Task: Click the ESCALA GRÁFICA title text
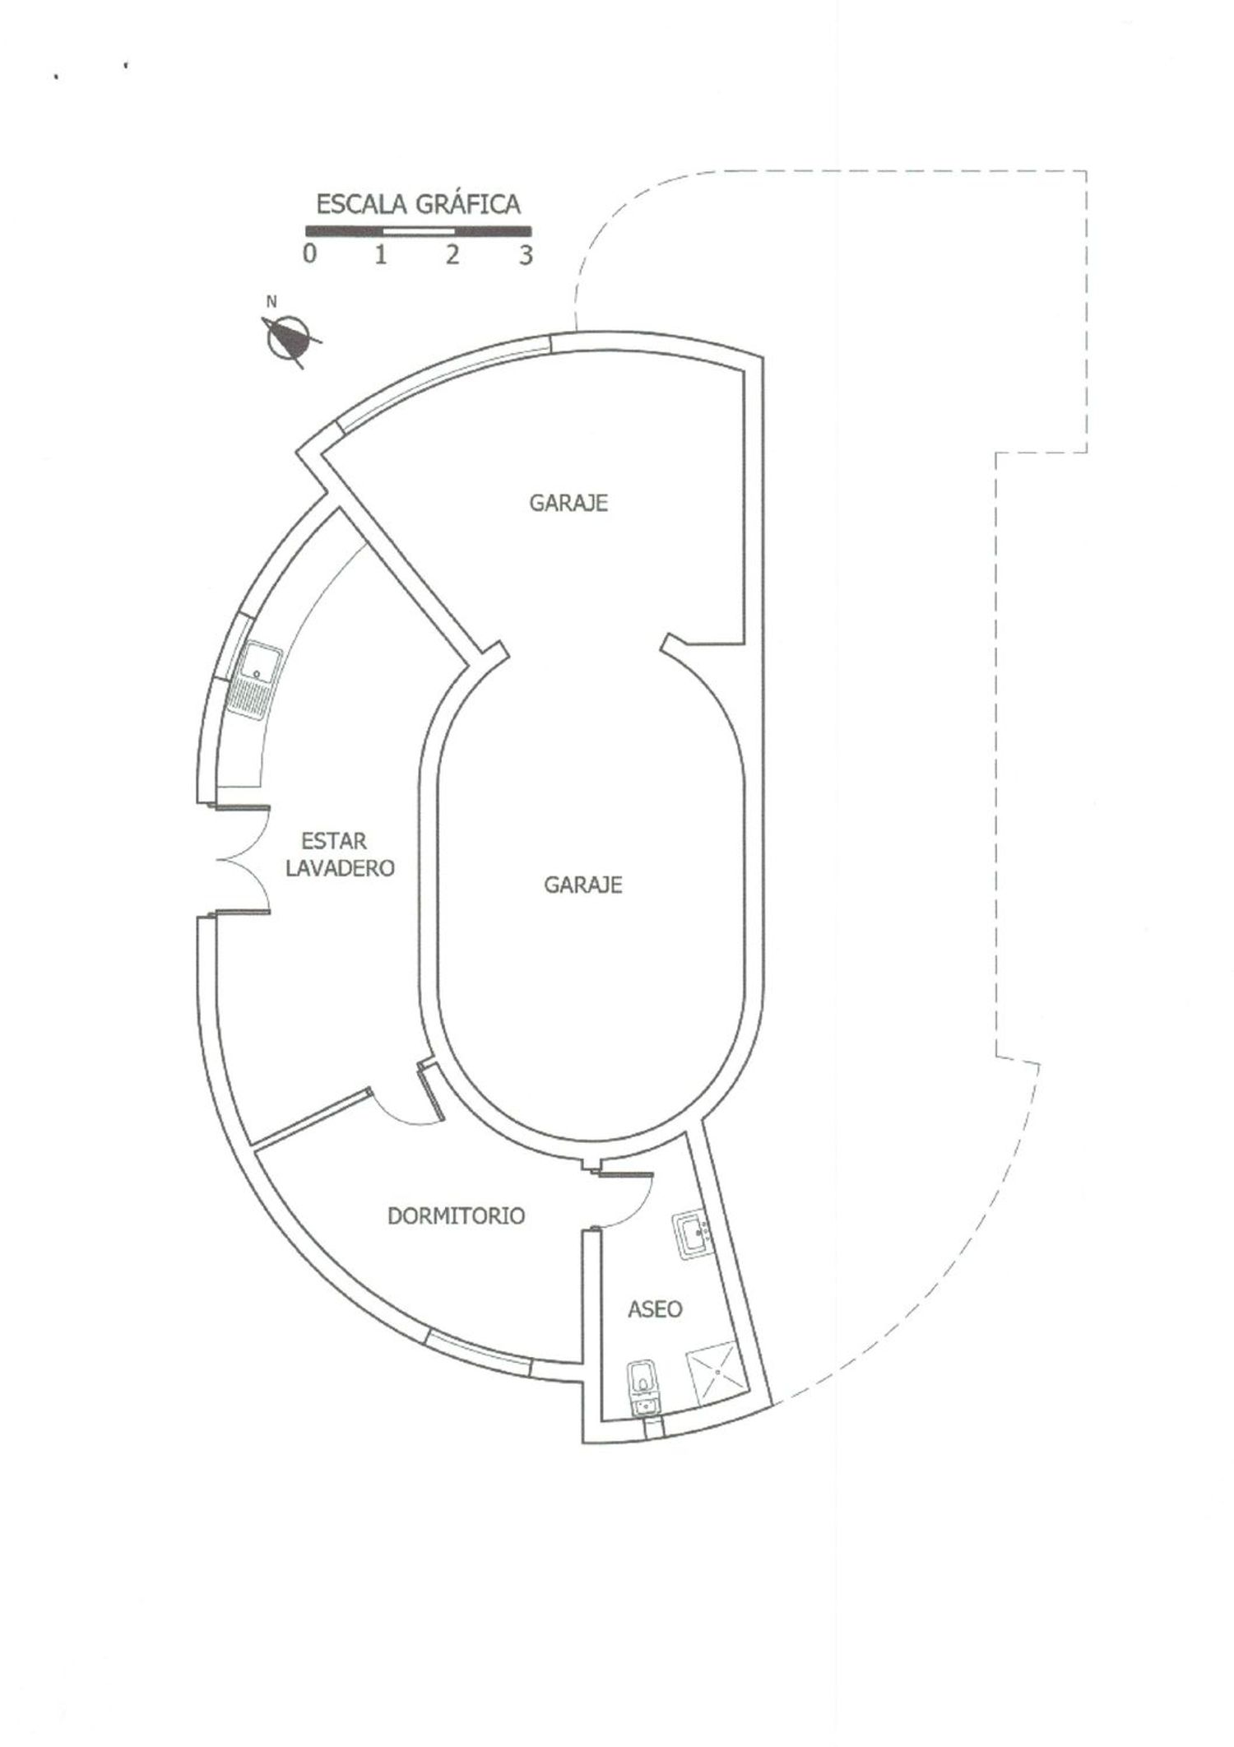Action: coord(418,204)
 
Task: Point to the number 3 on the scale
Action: coord(526,254)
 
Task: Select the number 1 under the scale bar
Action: coord(381,254)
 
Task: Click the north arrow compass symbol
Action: coord(288,338)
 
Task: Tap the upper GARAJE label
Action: coord(568,503)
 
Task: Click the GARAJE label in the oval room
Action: coord(583,885)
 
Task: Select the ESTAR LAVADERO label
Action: coord(340,854)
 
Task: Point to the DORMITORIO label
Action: coord(456,1216)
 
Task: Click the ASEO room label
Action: coord(655,1309)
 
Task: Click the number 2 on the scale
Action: coord(452,254)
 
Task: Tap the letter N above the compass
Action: coord(271,302)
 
